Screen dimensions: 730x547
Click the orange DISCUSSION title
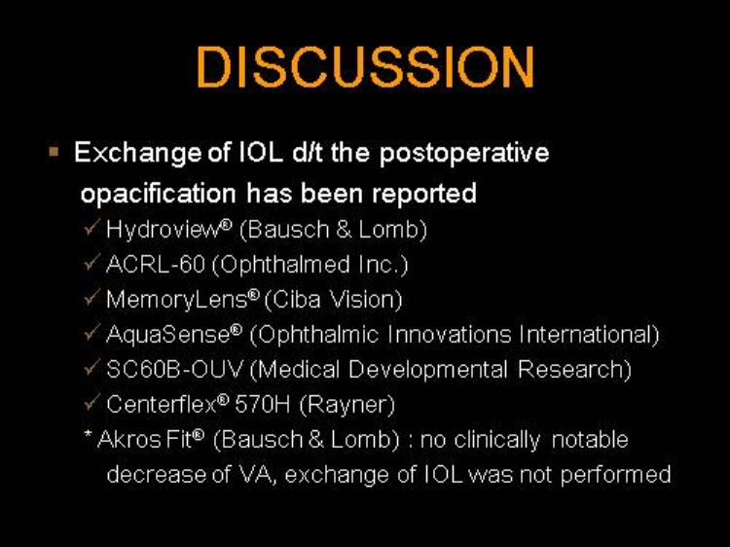tap(365, 66)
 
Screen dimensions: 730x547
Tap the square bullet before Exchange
tap(54, 152)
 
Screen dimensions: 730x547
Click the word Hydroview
tap(163, 230)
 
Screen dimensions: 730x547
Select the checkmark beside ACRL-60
tap(91, 263)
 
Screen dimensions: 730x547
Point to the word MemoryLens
tap(176, 300)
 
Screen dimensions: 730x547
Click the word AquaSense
tap(168, 334)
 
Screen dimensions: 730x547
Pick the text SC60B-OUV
tap(174, 369)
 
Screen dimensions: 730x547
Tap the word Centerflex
tap(162, 404)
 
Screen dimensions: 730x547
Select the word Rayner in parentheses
tap(347, 405)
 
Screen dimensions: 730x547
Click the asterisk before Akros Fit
tap(88, 435)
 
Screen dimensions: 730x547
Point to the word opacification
tap(159, 194)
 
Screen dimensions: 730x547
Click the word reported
tap(424, 194)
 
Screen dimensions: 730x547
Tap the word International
tap(589, 335)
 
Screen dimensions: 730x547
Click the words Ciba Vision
tap(333, 300)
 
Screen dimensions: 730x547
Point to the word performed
tap(615, 475)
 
